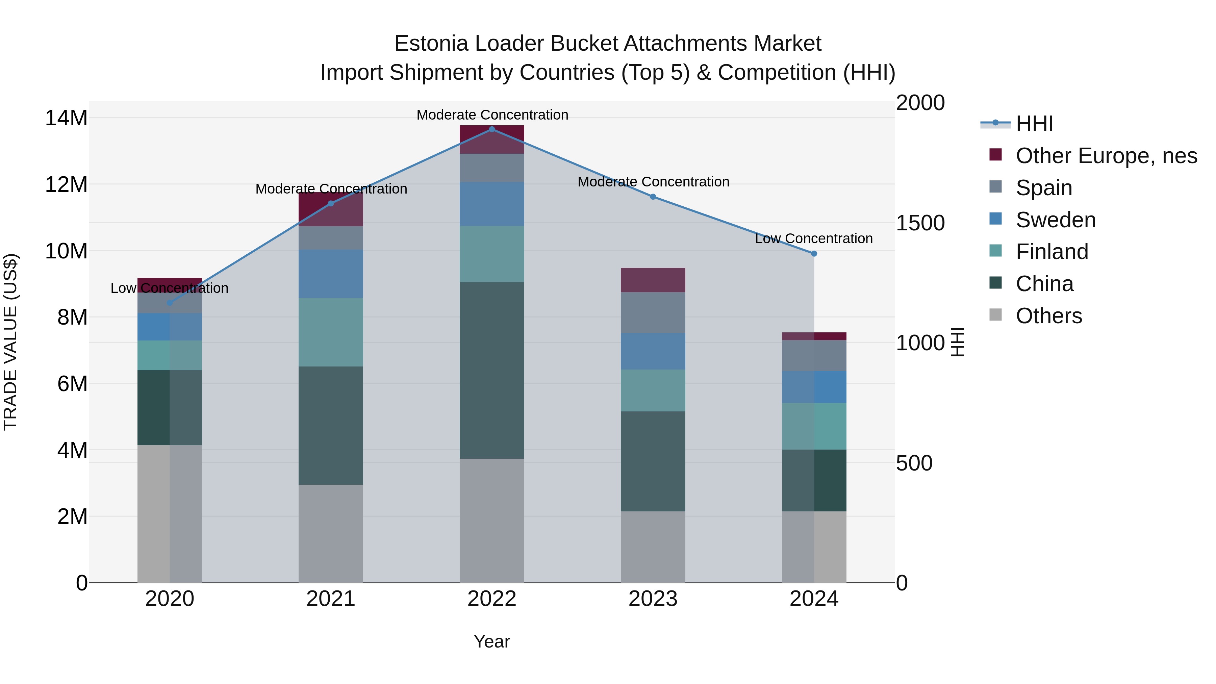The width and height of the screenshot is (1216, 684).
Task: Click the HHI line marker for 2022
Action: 492,129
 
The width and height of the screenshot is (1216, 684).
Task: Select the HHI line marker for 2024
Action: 814,253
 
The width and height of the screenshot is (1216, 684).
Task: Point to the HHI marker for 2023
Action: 653,197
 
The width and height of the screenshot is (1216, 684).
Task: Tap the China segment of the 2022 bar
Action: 492,371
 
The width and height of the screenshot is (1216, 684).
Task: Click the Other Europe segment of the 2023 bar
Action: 653,280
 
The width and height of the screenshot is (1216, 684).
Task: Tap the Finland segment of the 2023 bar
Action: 653,390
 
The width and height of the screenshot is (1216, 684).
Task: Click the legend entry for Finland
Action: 1052,252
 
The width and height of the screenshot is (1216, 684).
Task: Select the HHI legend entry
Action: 1034,124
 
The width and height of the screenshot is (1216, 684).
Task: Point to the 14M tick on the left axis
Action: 66,118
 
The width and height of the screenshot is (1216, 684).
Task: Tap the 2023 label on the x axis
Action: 653,599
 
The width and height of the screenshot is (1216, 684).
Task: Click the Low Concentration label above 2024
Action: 814,238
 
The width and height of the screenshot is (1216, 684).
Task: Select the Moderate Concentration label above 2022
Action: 492,115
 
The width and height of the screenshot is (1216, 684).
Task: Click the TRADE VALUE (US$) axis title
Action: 10,342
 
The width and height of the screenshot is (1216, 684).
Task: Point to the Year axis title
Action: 492,641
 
